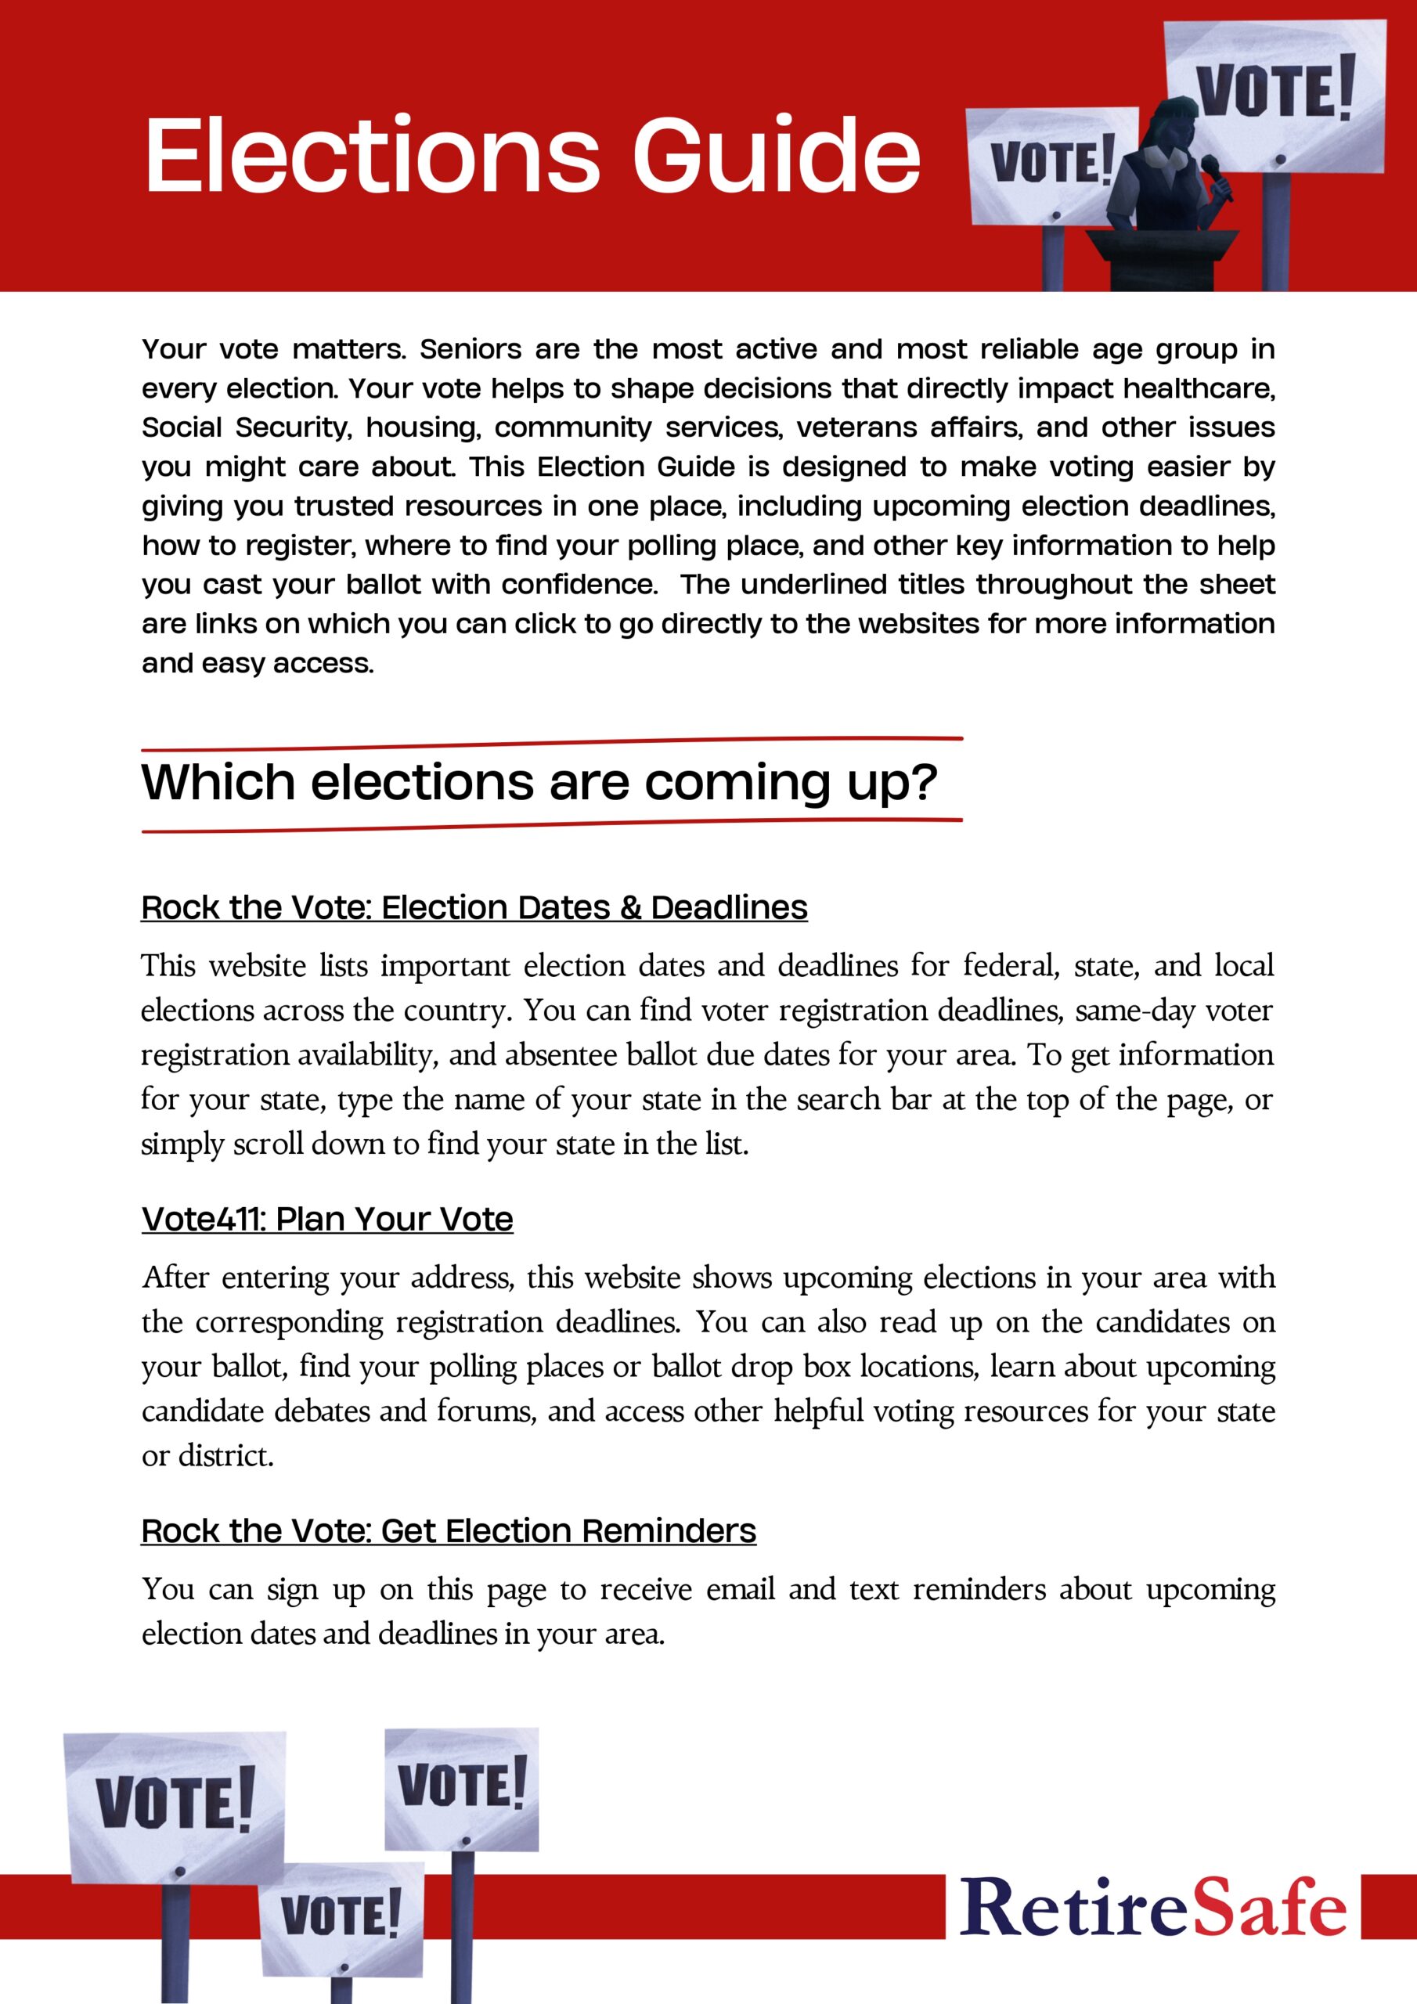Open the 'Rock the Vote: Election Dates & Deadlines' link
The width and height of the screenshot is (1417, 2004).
(x=474, y=908)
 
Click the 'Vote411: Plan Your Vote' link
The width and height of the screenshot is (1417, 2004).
(x=327, y=1220)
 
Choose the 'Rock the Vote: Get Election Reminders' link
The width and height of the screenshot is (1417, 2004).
(x=449, y=1531)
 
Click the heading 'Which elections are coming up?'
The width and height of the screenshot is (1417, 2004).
(x=539, y=782)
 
